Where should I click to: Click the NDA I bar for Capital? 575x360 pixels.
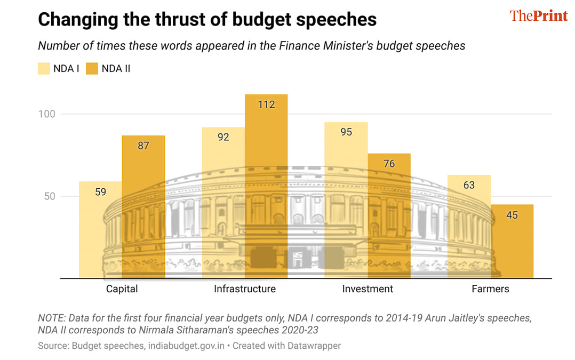click(x=100, y=230)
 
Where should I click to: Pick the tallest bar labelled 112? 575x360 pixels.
click(x=266, y=186)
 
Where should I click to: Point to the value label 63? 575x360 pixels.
click(x=469, y=186)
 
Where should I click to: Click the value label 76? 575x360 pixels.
click(x=389, y=164)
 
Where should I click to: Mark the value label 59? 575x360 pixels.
click(x=100, y=191)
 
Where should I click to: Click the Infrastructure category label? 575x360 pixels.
click(x=245, y=289)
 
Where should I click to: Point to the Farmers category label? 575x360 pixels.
click(x=490, y=289)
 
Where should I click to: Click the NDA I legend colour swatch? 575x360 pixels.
click(x=44, y=69)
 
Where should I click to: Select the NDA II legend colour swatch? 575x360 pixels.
click(x=92, y=69)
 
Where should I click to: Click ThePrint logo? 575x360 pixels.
click(x=539, y=16)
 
